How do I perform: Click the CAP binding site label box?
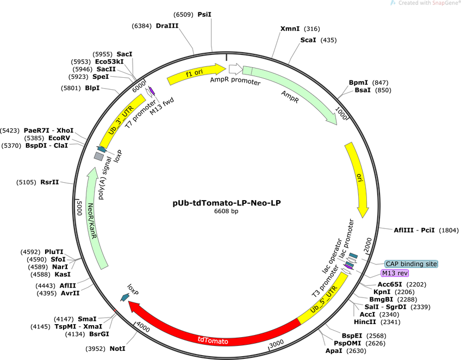tap(412, 264)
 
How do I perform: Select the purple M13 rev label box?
tap(395, 273)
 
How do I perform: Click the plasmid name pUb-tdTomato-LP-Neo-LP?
tap(226, 203)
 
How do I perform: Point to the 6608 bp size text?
tap(226, 211)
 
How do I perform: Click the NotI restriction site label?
tap(117, 349)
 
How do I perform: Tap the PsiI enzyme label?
tap(204, 15)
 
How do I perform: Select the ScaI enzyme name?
tap(308, 40)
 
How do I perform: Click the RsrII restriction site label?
tap(49, 182)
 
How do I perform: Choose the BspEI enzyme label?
tap(352, 336)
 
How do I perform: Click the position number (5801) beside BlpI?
tap(71, 88)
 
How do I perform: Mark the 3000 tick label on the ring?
tap(277, 343)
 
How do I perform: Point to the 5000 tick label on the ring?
tap(79, 208)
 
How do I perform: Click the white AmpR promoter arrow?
tap(236, 69)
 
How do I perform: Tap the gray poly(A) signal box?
tap(99, 156)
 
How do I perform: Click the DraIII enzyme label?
tap(167, 26)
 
